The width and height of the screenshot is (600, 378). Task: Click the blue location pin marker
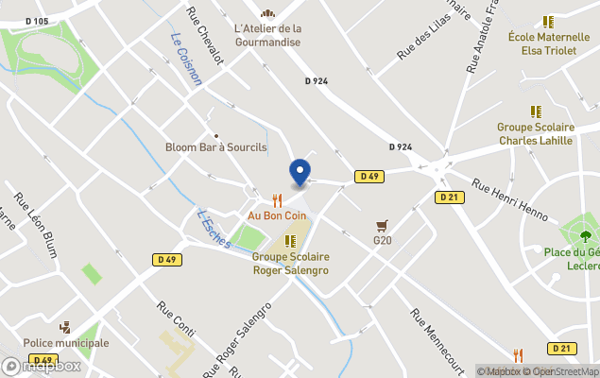pyautogui.click(x=300, y=172)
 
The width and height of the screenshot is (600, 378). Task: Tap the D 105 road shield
pyautogui.click(x=37, y=21)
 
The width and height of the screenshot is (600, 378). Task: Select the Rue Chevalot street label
pyautogui.click(x=205, y=36)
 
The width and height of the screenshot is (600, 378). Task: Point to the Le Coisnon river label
pyautogui.click(x=186, y=60)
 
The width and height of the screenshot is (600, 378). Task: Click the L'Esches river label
pyautogui.click(x=213, y=227)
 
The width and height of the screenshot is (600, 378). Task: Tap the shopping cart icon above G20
pyautogui.click(x=382, y=226)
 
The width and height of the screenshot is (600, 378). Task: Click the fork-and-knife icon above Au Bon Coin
pyautogui.click(x=277, y=200)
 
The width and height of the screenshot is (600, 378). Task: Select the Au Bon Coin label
pyautogui.click(x=276, y=215)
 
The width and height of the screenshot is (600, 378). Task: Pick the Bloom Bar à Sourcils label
pyautogui.click(x=216, y=147)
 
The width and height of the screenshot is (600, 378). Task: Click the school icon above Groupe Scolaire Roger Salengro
pyautogui.click(x=290, y=241)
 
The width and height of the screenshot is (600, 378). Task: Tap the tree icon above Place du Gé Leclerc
pyautogui.click(x=585, y=234)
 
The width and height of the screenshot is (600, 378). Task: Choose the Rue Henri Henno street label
pyautogui.click(x=510, y=200)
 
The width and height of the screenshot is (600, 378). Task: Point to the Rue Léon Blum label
pyautogui.click(x=37, y=225)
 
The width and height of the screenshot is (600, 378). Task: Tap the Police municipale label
pyautogui.click(x=66, y=343)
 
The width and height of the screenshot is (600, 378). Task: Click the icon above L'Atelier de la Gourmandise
pyautogui.click(x=267, y=13)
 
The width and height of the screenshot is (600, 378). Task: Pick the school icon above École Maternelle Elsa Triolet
pyautogui.click(x=548, y=22)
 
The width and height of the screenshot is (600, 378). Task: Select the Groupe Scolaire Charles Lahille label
pyautogui.click(x=536, y=134)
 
